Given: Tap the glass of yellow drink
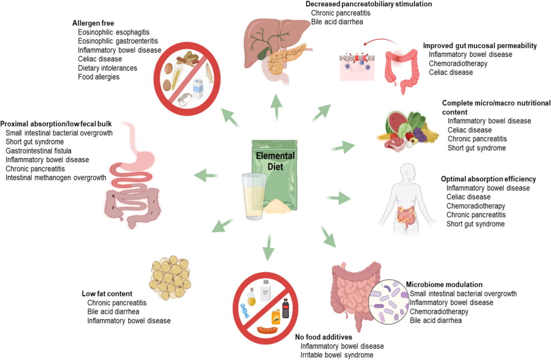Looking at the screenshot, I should click(256, 195).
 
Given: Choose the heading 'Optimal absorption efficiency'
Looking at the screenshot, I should click(489, 179).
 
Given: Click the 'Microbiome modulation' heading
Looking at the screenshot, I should click(444, 284).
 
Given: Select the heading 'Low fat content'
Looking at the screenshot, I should click(107, 293).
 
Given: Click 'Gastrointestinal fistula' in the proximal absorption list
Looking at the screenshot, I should click(39, 151).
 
